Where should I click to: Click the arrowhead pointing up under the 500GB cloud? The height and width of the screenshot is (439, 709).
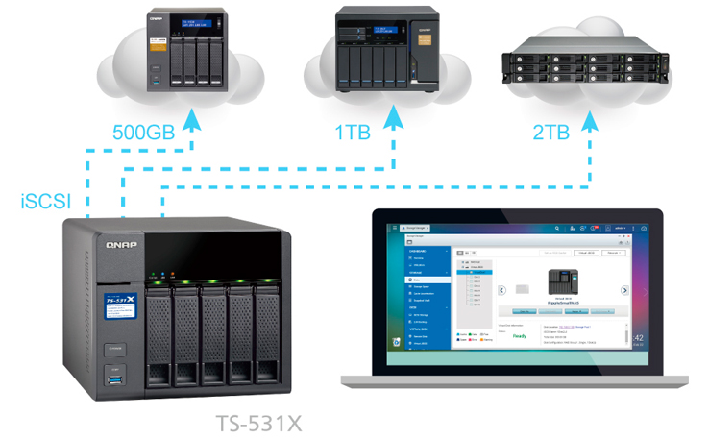point(192,118)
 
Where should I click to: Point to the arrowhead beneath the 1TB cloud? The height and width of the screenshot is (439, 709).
point(394,118)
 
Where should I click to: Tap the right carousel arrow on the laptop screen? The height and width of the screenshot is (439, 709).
point(624,289)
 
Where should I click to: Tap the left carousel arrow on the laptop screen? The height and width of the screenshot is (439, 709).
point(500,289)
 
